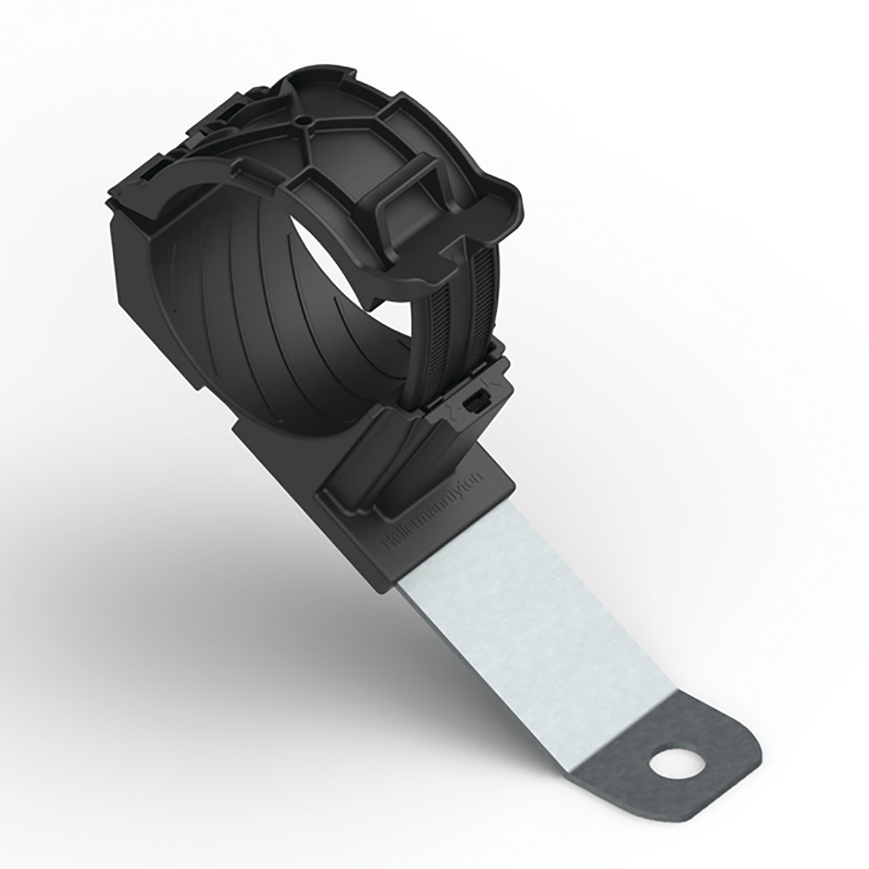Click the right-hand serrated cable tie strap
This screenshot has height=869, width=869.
(x=468, y=306)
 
